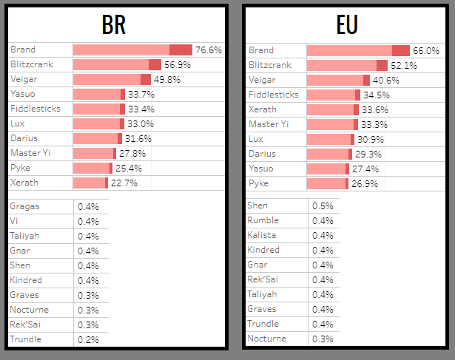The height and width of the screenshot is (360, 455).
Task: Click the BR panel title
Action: tap(113, 24)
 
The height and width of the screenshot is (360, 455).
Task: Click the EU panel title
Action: tap(346, 24)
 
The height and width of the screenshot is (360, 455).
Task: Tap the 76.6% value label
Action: tap(209, 50)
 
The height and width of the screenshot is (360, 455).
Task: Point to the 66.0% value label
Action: tap(426, 50)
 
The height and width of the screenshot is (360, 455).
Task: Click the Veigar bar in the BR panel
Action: tap(112, 79)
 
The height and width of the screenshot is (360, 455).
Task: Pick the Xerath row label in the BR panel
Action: tap(24, 182)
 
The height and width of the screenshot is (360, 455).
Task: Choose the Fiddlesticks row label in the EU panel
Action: tap(273, 95)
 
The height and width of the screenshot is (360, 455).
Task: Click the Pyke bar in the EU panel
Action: tap(327, 183)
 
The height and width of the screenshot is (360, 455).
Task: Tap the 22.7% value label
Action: tap(126, 183)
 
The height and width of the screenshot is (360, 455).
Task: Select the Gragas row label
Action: tap(24, 206)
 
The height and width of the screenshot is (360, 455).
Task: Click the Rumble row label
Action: tap(263, 220)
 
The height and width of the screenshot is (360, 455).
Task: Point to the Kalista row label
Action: tap(263, 235)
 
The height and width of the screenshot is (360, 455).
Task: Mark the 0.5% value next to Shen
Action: tap(323, 206)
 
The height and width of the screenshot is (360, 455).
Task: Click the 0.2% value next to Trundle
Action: tap(88, 339)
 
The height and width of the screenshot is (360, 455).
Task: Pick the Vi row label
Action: tap(14, 221)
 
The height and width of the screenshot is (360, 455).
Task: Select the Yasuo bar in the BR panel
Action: tap(99, 94)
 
